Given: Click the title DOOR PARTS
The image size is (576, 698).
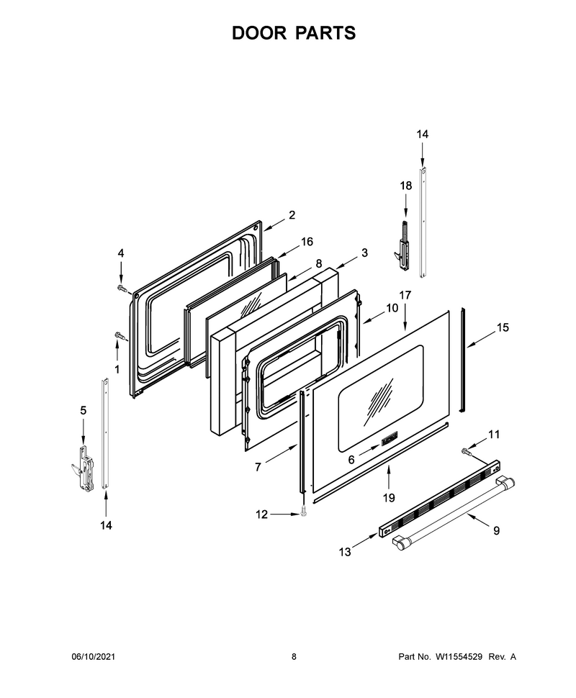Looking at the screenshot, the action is pyautogui.click(x=294, y=33).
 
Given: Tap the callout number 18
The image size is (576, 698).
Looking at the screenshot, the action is pyautogui.click(x=406, y=185).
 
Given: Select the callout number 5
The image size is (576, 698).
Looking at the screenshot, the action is pyautogui.click(x=84, y=410).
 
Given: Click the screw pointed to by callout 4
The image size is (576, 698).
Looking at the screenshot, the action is pyautogui.click(x=121, y=289).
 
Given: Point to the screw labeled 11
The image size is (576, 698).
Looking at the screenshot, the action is pyautogui.click(x=466, y=453).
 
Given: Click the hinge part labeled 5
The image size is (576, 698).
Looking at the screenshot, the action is pyautogui.click(x=85, y=468).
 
